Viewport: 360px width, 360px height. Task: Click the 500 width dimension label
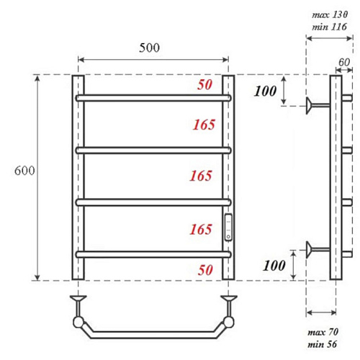coord(149,48)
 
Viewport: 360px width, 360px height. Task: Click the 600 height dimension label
coord(24,171)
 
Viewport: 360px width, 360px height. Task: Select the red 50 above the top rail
coord(204,85)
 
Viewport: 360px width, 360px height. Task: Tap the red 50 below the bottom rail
coord(205,270)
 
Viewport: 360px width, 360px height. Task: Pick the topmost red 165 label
coord(204,125)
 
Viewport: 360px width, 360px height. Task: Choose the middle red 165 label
coord(201,176)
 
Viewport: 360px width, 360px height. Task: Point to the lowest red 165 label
coord(201,230)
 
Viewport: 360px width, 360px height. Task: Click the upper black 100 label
coord(266,91)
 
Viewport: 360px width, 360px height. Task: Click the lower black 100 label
coord(274,266)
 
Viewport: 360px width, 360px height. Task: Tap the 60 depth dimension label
coord(344,63)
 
